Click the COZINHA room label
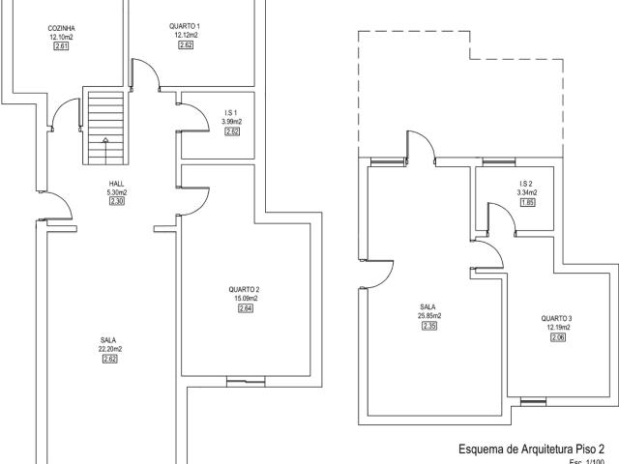[x=62, y=29]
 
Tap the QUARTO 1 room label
[x=188, y=25]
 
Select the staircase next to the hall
[x=102, y=126]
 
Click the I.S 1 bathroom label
[x=231, y=113]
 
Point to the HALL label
[x=117, y=184]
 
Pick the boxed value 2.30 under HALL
[x=117, y=202]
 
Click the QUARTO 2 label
[x=244, y=290]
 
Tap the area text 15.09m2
[x=244, y=299]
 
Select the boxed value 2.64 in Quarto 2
[x=244, y=309]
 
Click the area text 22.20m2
[x=109, y=349]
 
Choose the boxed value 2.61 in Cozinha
[x=62, y=46]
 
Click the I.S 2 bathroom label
[x=526, y=184]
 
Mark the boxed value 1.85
[x=527, y=202]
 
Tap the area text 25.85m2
[x=429, y=316]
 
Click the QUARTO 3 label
[x=557, y=319]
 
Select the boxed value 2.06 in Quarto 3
[x=557, y=337]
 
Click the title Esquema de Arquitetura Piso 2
[x=531, y=449]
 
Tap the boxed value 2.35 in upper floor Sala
[x=429, y=326]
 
